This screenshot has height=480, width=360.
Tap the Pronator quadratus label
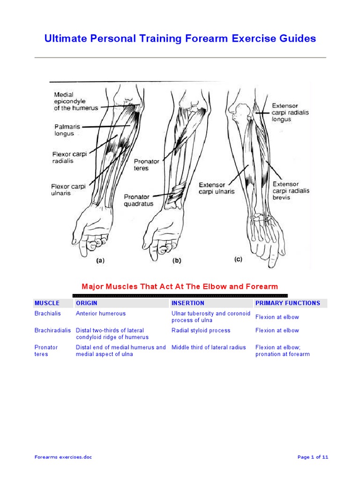[x=138, y=200]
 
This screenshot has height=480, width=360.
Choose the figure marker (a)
[x=100, y=262]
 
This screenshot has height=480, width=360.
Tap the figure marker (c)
[x=238, y=259]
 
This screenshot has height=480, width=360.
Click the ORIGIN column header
[x=87, y=303]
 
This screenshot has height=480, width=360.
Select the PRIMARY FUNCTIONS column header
[x=287, y=303]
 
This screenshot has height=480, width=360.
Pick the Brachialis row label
[x=48, y=314]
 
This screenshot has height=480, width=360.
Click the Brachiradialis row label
[x=52, y=330]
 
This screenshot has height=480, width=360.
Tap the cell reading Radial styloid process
[x=201, y=330]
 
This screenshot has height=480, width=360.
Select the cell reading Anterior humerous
[x=100, y=314]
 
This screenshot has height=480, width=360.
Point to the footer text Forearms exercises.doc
[x=63, y=457]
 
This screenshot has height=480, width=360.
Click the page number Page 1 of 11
[x=313, y=457]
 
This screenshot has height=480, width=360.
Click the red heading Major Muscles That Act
[x=180, y=286]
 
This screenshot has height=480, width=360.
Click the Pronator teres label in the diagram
[x=147, y=165]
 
